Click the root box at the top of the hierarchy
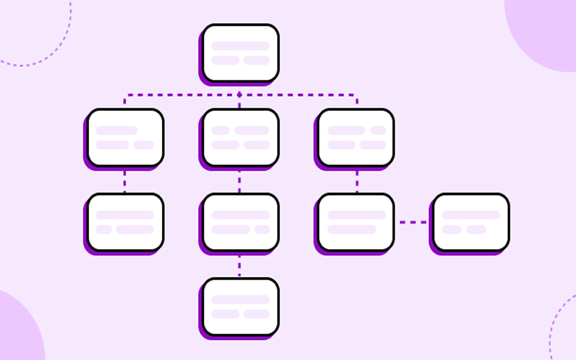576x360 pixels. tap(240, 53)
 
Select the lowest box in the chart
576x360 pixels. tap(240, 307)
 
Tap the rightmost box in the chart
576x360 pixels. tap(471, 222)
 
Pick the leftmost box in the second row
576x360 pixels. tap(125, 138)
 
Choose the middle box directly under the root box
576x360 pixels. tap(240, 138)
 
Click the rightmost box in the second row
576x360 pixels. tap(356, 138)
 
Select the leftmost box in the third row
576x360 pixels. tap(125, 222)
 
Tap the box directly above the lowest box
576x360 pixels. tap(240, 222)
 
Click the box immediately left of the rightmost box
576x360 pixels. tap(356, 222)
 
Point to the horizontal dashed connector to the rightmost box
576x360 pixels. tap(413, 222)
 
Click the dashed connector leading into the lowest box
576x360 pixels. tap(240, 265)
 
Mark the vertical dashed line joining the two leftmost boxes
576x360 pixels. tap(125, 180)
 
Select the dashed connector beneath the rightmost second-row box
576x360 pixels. tap(357, 180)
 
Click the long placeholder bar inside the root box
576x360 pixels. tap(240, 46)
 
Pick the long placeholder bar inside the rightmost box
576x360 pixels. tap(471, 215)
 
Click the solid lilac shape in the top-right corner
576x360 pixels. tap(547, 29)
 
